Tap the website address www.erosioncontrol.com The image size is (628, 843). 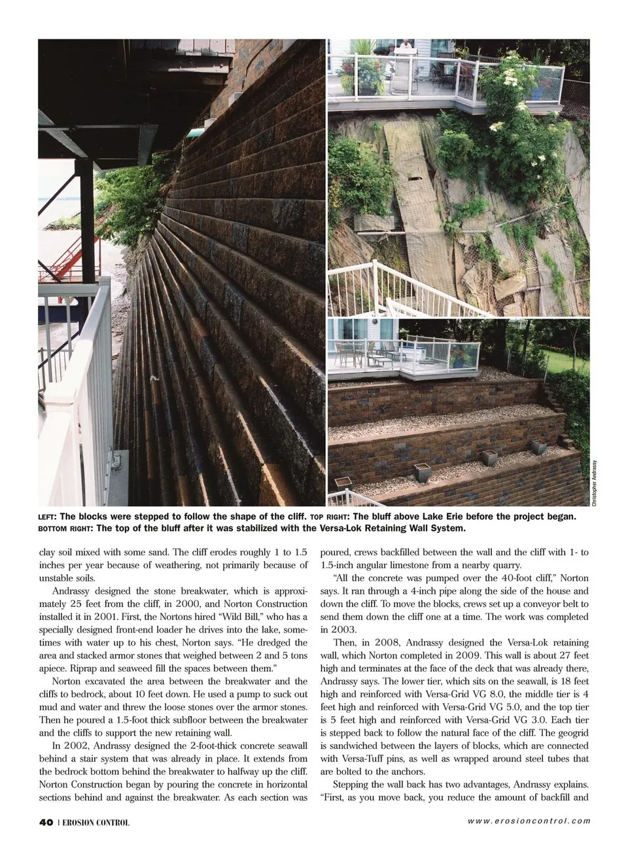[x=529, y=821]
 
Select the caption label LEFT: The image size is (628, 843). [x=48, y=517]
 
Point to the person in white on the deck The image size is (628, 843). [x=406, y=48]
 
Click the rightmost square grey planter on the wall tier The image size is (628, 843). [x=540, y=447]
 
